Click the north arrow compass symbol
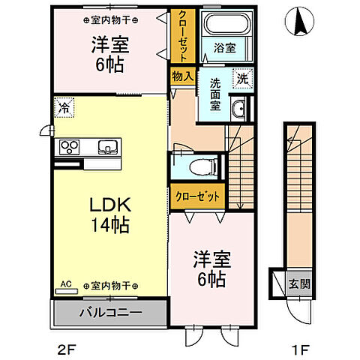tap(301, 20)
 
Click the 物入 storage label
tap(181, 76)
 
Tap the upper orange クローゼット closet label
tap(181, 35)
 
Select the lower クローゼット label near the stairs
tap(198, 196)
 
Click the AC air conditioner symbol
tap(65, 286)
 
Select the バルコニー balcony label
tap(108, 311)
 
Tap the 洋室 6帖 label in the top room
tap(109, 52)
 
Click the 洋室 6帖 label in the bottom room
tap(211, 267)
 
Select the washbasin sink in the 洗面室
tap(238, 109)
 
